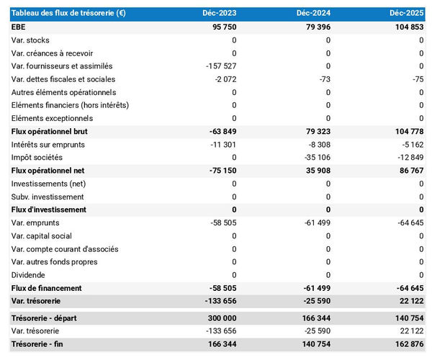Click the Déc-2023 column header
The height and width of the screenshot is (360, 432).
point(220,14)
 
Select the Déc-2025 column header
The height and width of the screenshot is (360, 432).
point(407,14)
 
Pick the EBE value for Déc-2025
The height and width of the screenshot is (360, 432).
point(408,27)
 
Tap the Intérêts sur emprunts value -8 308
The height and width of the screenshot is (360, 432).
point(318,145)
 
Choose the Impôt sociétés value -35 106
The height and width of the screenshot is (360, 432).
point(316,158)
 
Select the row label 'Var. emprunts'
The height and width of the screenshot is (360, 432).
point(35,222)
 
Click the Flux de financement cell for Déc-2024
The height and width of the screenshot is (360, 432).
point(316,288)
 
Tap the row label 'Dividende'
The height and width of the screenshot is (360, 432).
point(29,275)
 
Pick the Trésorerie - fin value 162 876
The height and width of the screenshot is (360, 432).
point(408,344)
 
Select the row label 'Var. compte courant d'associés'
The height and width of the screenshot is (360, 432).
point(65,249)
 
